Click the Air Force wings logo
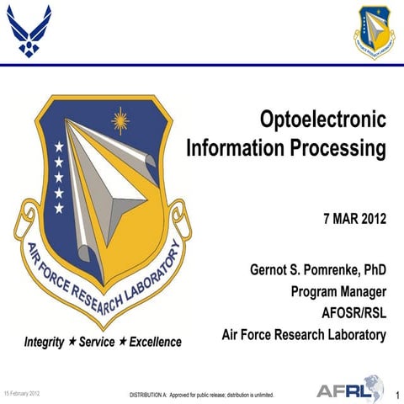point(29,31)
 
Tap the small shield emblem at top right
point(374,32)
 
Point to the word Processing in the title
point(338,150)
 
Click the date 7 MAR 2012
point(354,220)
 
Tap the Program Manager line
point(338,292)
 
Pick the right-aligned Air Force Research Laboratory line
point(303,335)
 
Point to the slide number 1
point(396,394)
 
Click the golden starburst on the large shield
point(124,120)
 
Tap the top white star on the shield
point(59,146)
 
